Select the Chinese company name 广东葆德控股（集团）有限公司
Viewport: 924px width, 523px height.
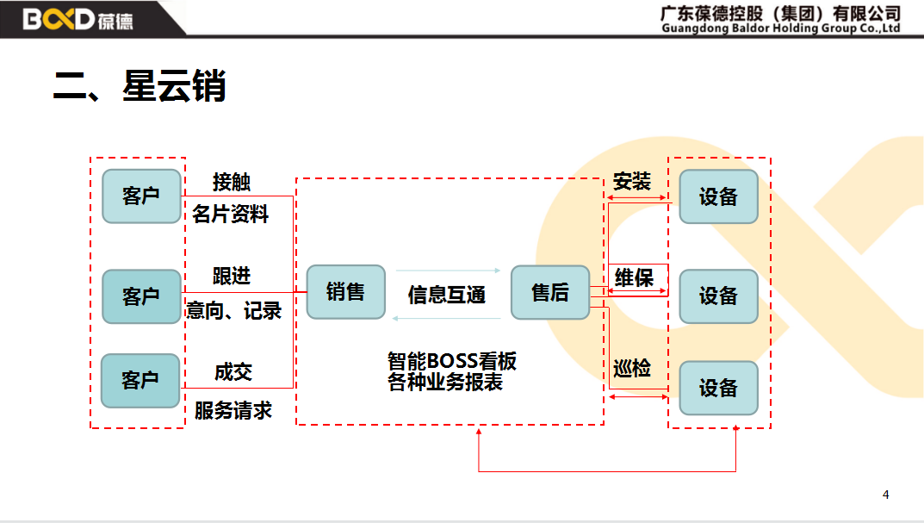[780, 13]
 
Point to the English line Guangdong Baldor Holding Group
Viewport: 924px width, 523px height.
[780, 28]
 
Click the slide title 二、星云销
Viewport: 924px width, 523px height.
[140, 87]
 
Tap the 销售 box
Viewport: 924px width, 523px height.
[345, 292]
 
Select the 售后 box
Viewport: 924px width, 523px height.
[550, 293]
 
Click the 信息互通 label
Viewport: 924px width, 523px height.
[447, 295]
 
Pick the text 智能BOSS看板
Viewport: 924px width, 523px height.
[452, 360]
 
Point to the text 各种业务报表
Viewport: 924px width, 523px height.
[445, 383]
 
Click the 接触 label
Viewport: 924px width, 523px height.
[232, 182]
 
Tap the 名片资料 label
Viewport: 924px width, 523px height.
[231, 215]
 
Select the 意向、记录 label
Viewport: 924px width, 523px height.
[234, 310]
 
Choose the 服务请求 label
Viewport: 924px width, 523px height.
[233, 410]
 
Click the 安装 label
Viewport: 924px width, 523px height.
[631, 181]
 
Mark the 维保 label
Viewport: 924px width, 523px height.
[634, 277]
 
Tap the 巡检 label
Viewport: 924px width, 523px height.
[631, 369]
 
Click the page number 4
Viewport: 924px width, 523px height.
[885, 495]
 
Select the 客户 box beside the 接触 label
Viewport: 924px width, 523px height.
[141, 196]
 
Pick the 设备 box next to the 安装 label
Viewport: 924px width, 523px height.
[718, 196]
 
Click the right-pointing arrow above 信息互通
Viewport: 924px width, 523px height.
[448, 271]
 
